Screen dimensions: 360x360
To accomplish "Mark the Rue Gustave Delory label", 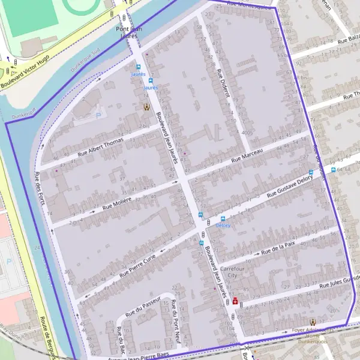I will point(290,186).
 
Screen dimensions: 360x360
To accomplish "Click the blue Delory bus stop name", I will point(223,226).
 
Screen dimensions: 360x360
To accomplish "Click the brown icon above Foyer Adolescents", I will point(313,322).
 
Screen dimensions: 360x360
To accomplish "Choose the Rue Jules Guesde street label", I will point(340,282).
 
